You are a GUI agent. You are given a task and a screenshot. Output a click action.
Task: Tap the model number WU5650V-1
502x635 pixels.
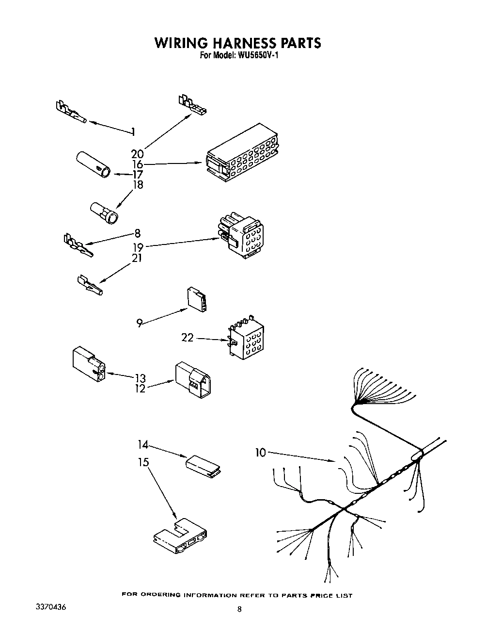pyautogui.click(x=258, y=56)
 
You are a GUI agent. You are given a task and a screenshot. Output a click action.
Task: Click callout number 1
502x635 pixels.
pyautogui.click(x=133, y=131)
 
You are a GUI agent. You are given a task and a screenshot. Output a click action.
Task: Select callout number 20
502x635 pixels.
pyautogui.click(x=137, y=154)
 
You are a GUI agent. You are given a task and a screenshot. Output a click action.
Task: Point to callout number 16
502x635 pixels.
pyautogui.click(x=137, y=164)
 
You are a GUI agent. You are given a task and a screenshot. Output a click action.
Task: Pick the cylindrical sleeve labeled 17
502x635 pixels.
pyautogui.click(x=93, y=165)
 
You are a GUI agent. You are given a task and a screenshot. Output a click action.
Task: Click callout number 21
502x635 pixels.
pyautogui.click(x=137, y=258)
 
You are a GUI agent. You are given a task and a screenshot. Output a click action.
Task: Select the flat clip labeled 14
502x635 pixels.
pyautogui.click(x=204, y=465)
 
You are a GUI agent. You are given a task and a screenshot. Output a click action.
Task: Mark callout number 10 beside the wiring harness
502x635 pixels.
pyautogui.click(x=261, y=453)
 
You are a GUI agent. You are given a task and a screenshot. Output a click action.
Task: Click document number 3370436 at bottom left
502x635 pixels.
pyautogui.click(x=50, y=607)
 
